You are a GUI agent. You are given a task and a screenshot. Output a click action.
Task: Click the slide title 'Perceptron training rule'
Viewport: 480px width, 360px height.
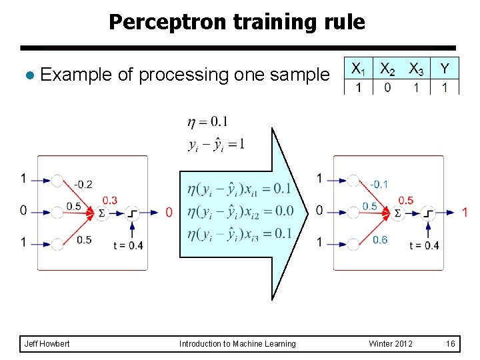pyautogui.click(x=237, y=22)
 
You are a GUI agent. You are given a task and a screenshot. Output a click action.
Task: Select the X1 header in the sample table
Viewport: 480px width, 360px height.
pyautogui.click(x=358, y=69)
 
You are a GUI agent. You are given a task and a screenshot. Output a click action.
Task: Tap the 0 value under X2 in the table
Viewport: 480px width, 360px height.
pyautogui.click(x=387, y=88)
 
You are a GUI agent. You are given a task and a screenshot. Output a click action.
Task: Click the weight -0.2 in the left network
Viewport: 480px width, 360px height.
pyautogui.click(x=83, y=184)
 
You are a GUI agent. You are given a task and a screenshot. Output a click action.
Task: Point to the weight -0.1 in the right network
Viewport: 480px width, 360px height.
pyautogui.click(x=379, y=184)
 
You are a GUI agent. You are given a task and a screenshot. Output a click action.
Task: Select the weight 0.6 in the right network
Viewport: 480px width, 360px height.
pyautogui.click(x=380, y=240)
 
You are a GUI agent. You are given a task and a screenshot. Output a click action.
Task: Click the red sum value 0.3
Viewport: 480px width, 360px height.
pyautogui.click(x=109, y=200)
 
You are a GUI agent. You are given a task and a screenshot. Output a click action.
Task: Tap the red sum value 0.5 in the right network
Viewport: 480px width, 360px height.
pyautogui.click(x=405, y=200)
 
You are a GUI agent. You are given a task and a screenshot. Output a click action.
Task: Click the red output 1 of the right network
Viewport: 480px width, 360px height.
pyautogui.click(x=465, y=212)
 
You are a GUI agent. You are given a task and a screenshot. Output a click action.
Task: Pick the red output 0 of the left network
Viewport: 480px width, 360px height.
pyautogui.click(x=169, y=212)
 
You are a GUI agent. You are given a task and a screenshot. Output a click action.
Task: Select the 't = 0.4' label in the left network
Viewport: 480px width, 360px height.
pyautogui.click(x=128, y=245)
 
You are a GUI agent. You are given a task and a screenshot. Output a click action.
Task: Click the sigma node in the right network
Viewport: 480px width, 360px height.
pyautogui.click(x=397, y=213)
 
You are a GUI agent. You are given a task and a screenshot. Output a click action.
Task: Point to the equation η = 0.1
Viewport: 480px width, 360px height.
pyautogui.click(x=207, y=121)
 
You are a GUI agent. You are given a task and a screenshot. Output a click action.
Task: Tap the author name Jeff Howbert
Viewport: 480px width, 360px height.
pyautogui.click(x=46, y=344)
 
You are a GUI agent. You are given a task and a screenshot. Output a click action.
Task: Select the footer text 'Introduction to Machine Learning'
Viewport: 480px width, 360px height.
pyautogui.click(x=237, y=344)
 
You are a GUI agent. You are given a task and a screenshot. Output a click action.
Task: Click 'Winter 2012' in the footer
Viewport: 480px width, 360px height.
pyautogui.click(x=391, y=344)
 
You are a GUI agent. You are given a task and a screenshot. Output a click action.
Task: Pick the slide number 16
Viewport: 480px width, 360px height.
pyautogui.click(x=451, y=344)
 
